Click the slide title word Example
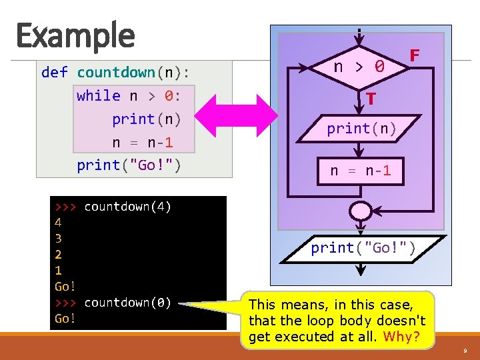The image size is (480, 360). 75,35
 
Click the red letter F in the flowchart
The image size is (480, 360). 414,55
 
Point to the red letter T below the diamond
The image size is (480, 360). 371,99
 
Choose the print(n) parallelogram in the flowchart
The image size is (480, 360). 361,128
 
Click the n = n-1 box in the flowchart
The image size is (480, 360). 360,171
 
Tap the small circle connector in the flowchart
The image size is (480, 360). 360,209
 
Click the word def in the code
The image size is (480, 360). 54,72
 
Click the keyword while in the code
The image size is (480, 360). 99,95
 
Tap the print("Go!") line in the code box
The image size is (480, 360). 129,165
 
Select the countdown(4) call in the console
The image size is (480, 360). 127,207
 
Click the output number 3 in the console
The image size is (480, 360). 58,238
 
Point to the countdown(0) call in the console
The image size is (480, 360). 127,303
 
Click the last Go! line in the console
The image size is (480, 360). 65,319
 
